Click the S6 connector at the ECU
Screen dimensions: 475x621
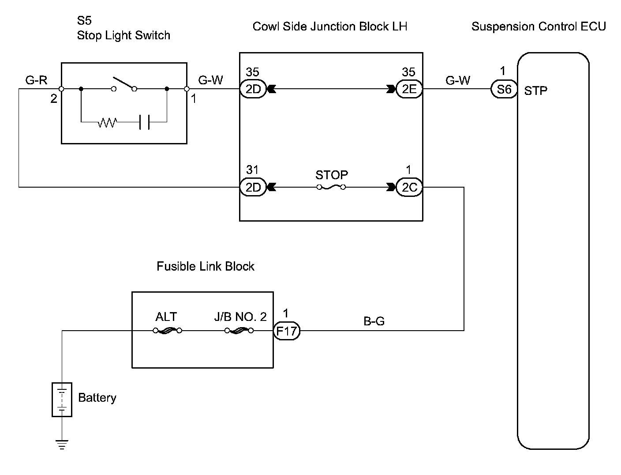point(504,90)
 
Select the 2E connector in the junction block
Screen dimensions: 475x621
point(409,90)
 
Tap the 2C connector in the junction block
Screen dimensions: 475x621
point(409,188)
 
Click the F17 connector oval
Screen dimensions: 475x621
point(287,331)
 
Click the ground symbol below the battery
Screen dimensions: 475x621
point(62,445)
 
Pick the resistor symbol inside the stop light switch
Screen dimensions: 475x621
point(107,122)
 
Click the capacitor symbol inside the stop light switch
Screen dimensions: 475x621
point(144,122)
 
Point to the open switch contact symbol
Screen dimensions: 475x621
point(124,85)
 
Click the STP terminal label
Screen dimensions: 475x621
point(536,91)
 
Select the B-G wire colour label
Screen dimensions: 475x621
point(374,321)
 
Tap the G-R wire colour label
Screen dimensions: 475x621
point(36,80)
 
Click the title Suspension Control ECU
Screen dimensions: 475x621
point(539,26)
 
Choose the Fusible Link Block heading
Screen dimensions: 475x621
point(206,266)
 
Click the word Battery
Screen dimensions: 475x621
point(97,398)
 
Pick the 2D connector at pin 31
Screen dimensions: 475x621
point(253,188)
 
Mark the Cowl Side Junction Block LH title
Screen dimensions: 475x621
point(330,26)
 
